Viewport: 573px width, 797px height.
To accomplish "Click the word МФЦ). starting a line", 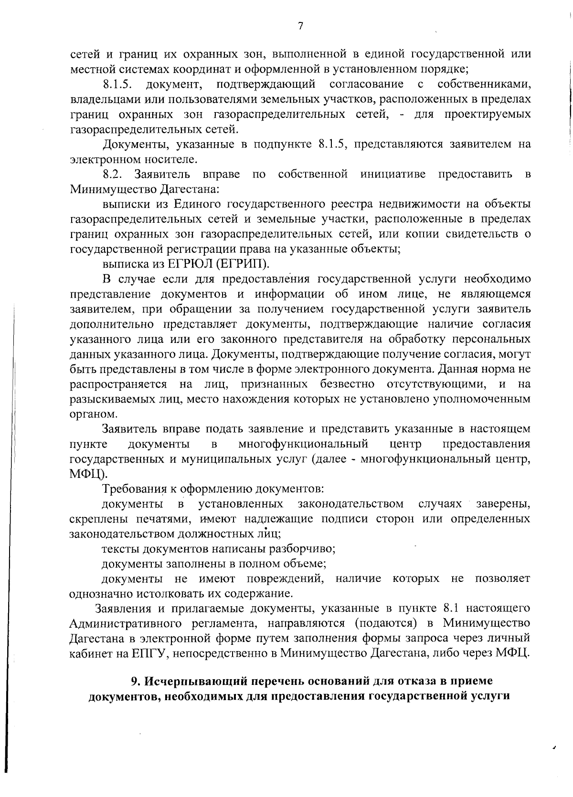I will [x=85, y=474].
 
